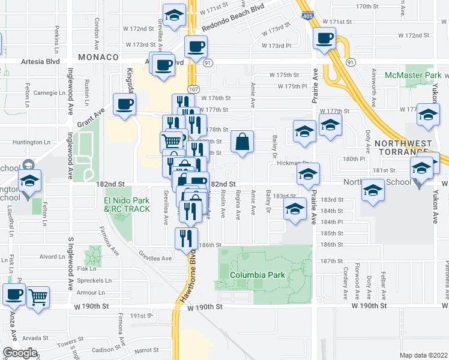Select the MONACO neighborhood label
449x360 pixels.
[96, 56]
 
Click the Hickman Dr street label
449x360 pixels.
[295, 163]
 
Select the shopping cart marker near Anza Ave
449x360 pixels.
[38, 296]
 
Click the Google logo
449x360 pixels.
[20, 352]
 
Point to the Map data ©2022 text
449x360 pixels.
[423, 355]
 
